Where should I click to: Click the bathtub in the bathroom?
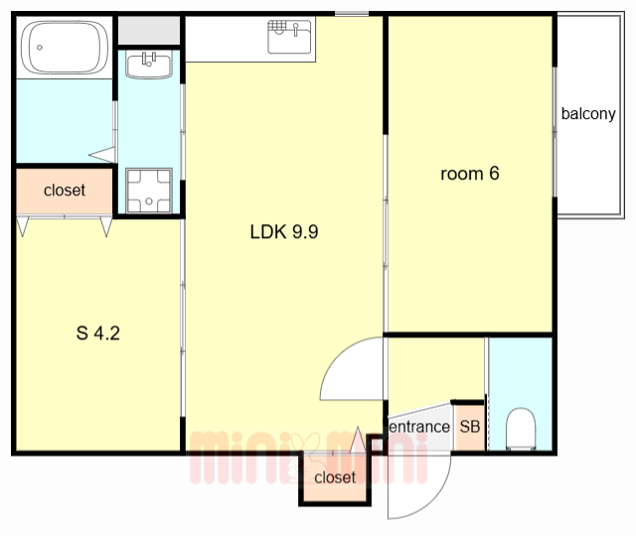point(65,48)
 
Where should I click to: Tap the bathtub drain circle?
point(40,48)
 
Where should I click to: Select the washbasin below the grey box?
point(149,65)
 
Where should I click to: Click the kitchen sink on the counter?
point(289,37)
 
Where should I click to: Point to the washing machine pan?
point(149,191)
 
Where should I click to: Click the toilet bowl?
point(521,429)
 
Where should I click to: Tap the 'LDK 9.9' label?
point(284,232)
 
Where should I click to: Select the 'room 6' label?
point(470,174)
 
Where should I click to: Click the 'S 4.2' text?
point(98,334)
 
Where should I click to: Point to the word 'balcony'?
point(588,114)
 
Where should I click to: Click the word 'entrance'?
point(419,427)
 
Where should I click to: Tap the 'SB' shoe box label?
point(470,427)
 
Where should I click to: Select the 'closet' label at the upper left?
point(65,190)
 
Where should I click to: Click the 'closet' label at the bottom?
point(335,477)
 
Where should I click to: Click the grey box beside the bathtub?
point(149,31)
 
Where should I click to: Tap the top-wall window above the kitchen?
point(352,14)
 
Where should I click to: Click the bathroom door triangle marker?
point(102,155)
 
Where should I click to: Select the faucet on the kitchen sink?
point(296,29)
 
